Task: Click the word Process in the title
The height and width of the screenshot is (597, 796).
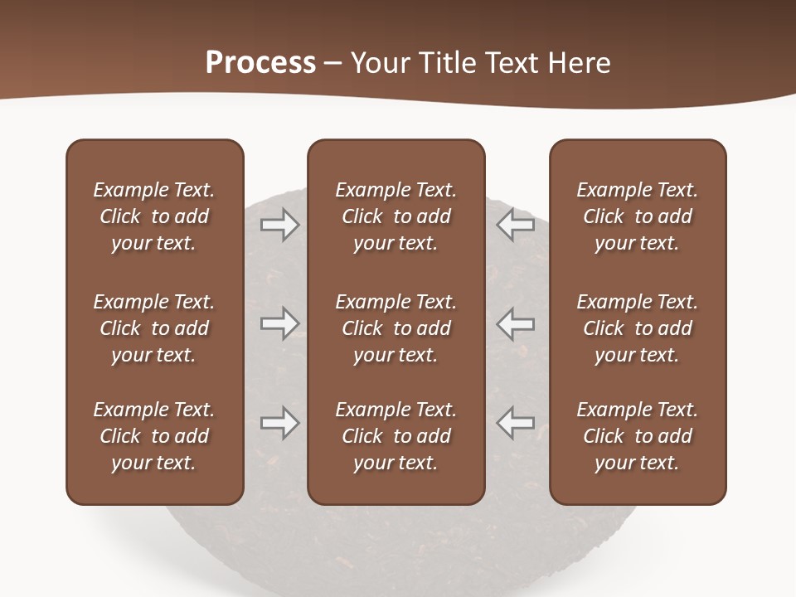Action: [x=260, y=63]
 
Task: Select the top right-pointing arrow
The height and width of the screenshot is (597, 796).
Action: [x=280, y=224]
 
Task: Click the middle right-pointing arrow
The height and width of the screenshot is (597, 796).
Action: [x=280, y=323]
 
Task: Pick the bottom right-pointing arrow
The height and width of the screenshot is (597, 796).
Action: [x=280, y=423]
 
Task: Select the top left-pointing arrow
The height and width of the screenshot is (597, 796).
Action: [x=516, y=224]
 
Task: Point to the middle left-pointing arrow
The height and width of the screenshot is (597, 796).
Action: [x=516, y=323]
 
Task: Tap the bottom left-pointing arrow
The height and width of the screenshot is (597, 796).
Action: [x=516, y=423]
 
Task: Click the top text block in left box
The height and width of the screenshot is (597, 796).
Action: [x=154, y=216]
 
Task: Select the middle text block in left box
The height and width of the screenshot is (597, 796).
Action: [x=154, y=328]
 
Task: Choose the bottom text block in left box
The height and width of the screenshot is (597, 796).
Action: [x=154, y=436]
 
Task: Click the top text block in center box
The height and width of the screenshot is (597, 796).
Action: [x=396, y=216]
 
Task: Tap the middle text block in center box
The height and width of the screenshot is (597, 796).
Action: [x=396, y=328]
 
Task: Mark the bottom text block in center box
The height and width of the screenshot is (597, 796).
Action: [x=396, y=436]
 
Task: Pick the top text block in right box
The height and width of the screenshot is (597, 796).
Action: [x=638, y=216]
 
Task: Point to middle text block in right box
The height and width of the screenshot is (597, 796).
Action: [x=638, y=328]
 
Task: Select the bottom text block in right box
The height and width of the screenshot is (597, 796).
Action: [x=638, y=436]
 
